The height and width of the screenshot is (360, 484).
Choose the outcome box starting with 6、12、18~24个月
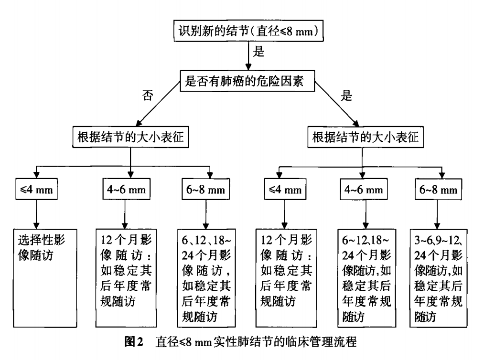click(206, 277)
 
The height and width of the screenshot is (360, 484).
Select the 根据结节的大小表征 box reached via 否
click(131, 137)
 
